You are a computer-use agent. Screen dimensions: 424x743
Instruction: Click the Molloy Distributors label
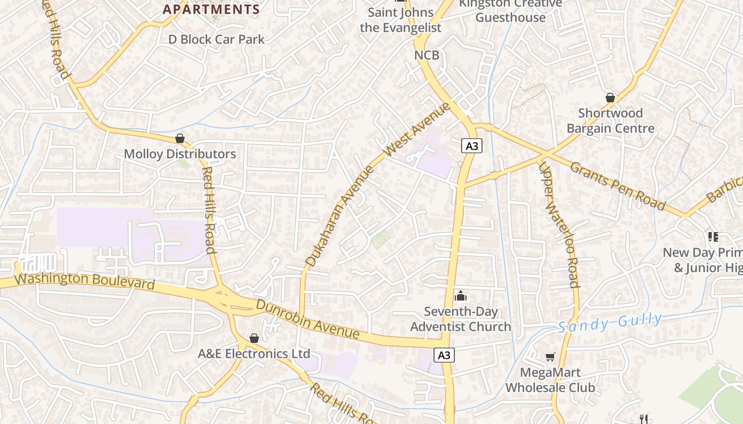point(180,154)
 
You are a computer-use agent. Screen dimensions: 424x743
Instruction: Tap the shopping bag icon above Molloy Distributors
point(180,139)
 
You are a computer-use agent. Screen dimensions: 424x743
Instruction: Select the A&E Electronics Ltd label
point(254,354)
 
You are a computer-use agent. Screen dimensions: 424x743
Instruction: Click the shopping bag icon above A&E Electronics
point(254,338)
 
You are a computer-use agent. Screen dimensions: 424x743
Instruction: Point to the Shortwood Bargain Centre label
point(610,121)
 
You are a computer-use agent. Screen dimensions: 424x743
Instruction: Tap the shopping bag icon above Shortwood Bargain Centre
point(610,98)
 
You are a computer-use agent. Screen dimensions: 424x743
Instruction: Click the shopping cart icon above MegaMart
point(550,358)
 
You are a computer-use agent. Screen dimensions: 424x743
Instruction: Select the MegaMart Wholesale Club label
point(550,380)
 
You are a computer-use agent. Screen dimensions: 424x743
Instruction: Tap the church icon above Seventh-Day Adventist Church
point(461,296)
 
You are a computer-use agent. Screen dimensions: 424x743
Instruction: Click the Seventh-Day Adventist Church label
point(461,319)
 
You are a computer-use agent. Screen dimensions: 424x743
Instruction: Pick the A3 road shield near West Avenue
point(471,146)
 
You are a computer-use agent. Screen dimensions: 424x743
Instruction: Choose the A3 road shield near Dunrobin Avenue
point(444,355)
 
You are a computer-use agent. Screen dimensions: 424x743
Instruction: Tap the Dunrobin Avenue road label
point(307,319)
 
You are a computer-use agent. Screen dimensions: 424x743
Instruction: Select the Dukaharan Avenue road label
point(340,215)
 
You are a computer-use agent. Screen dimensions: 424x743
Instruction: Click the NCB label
point(427,55)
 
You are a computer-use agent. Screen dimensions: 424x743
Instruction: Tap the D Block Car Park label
point(217,39)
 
